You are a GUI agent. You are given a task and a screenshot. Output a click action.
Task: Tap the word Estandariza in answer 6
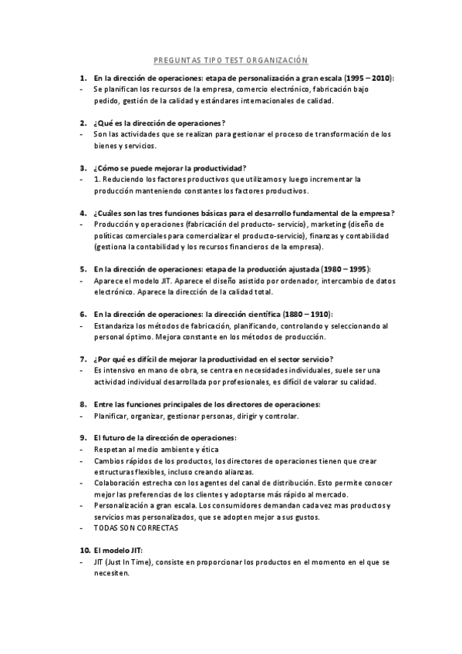(x=115, y=325)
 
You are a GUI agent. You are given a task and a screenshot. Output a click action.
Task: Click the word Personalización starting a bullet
(x=124, y=505)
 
